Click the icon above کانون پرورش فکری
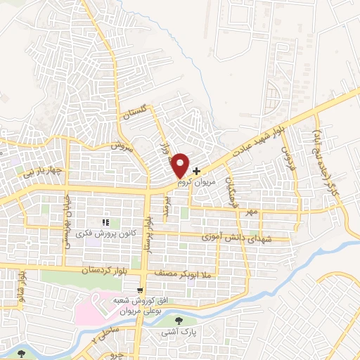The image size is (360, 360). tap(105, 223)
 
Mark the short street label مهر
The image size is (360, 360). tap(252, 212)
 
